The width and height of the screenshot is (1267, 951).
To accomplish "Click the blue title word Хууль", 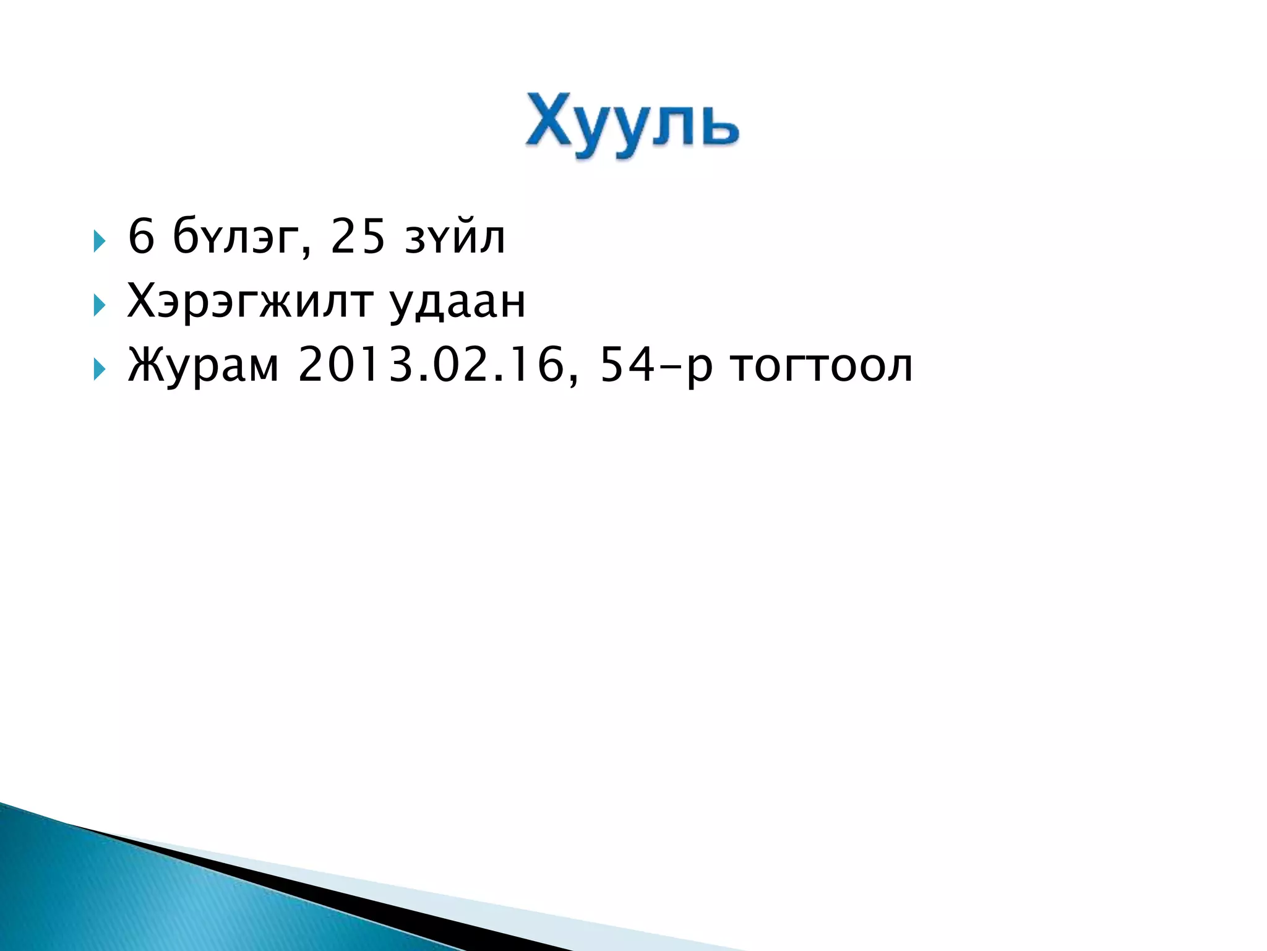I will coord(632,124).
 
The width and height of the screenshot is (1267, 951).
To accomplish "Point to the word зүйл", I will coord(455,237).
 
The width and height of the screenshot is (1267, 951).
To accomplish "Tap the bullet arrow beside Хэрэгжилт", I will coord(99,305).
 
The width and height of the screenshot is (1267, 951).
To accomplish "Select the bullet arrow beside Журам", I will coord(99,370).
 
